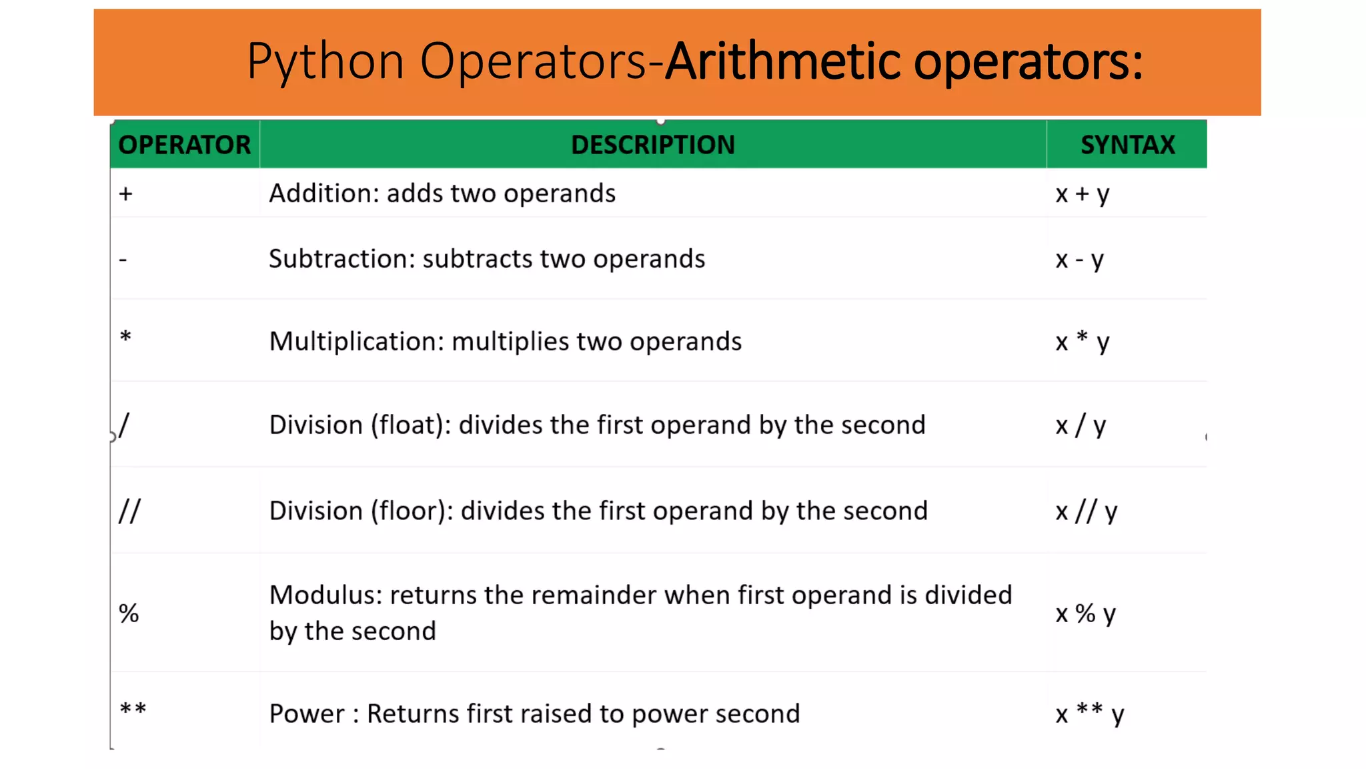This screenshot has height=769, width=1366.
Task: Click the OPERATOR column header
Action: click(x=184, y=145)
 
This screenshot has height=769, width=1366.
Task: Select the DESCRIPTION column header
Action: click(x=652, y=145)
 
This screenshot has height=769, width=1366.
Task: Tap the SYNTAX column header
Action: click(x=1127, y=145)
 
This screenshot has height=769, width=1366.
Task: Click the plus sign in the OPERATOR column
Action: click(x=126, y=194)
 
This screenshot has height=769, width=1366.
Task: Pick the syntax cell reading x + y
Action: click(x=1082, y=194)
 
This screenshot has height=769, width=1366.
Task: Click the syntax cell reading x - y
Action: click(x=1079, y=260)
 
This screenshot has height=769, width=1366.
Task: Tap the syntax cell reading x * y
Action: click(x=1082, y=342)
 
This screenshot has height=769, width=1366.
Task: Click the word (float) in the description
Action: click(x=408, y=425)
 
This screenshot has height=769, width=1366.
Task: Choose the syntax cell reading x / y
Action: click(x=1081, y=425)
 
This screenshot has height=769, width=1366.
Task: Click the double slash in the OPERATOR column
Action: click(x=129, y=511)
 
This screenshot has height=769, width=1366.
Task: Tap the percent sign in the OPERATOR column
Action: click(x=129, y=613)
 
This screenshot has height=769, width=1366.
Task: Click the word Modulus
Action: click(x=325, y=595)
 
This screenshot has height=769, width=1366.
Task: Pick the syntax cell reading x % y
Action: click(x=1085, y=613)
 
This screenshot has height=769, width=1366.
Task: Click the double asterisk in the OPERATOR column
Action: click(x=133, y=709)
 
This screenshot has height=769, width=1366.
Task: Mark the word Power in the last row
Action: click(x=307, y=714)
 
